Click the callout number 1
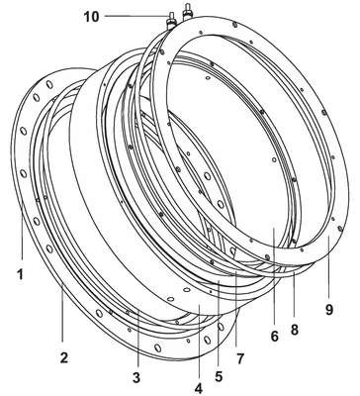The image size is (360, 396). point(21,274)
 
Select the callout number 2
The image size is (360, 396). point(64,357)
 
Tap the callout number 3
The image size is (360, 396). point(136,377)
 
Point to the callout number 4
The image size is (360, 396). point(199,388)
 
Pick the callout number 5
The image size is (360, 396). point(219,377)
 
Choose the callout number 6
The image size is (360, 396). point(275,337)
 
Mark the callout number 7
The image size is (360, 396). point(239,359)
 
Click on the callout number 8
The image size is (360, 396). point(295,329)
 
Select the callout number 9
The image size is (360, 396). point(329,309)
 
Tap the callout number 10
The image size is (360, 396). point(91,17)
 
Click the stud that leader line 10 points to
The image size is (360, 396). point(172,21)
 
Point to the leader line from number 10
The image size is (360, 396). point(136,16)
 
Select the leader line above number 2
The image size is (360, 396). point(63,311)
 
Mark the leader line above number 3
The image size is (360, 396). point(138,338)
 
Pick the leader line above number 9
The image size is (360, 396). point(328,267)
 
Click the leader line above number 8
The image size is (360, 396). point(294,296)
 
